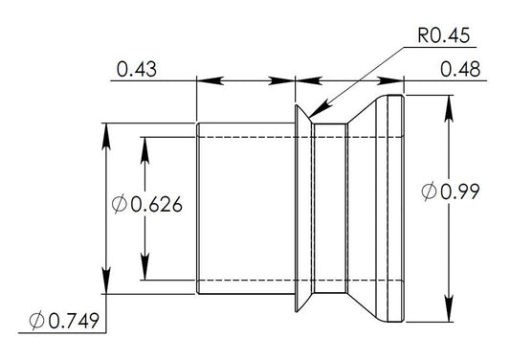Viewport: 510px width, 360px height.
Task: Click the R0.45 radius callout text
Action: tap(444, 35)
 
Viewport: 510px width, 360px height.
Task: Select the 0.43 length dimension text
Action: tap(137, 69)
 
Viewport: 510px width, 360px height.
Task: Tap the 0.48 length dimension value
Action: tap(460, 69)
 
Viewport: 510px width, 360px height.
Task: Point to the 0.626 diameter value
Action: tap(157, 205)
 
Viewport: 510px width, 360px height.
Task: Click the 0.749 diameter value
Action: tap(74, 321)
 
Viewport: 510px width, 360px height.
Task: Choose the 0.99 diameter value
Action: tap(460, 191)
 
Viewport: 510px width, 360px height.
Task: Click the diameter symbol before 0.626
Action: tap(119, 204)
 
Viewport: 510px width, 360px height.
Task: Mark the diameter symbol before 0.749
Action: tap(36, 321)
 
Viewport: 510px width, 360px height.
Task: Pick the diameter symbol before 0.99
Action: tap(429, 191)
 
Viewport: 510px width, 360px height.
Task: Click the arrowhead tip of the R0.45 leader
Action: tap(309, 118)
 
